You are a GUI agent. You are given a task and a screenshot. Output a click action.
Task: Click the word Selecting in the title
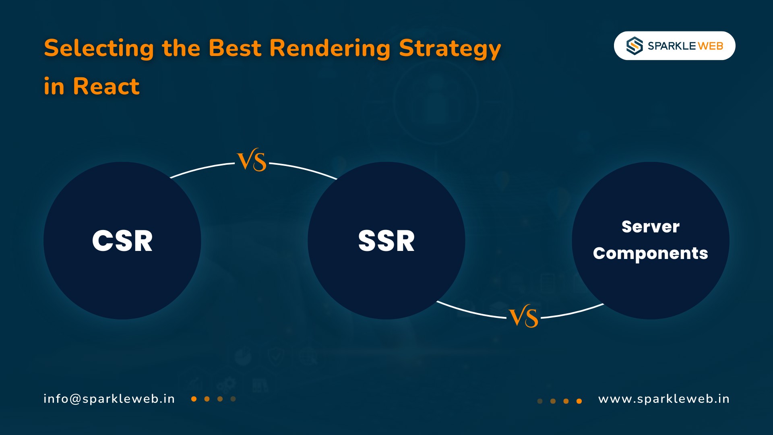[99, 48]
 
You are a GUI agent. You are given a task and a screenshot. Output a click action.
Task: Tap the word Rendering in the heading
[330, 48]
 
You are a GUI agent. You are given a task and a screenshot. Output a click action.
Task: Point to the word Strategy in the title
[450, 48]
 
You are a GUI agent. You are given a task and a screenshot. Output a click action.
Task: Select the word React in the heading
[106, 86]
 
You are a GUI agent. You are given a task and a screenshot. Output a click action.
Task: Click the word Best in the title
[235, 48]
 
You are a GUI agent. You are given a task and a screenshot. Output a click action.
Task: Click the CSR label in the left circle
[122, 241]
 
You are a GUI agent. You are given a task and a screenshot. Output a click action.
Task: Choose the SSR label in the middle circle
[386, 241]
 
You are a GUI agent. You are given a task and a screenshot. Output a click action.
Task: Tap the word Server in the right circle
[651, 227]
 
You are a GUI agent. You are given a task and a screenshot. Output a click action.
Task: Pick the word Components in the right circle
[651, 253]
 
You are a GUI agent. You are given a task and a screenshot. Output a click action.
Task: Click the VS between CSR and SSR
[252, 160]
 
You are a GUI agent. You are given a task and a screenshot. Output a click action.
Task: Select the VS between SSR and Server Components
[523, 317]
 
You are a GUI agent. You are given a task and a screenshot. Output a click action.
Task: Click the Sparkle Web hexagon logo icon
[635, 46]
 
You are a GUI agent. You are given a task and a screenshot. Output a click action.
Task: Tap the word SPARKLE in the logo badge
[672, 46]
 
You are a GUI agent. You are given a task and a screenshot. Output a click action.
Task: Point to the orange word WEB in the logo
[711, 46]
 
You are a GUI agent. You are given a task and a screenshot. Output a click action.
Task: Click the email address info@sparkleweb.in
[109, 399]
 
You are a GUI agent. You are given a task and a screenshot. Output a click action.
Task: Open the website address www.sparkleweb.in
[664, 399]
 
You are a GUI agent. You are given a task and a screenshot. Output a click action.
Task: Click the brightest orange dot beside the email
[194, 399]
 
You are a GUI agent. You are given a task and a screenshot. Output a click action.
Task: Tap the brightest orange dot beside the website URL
[579, 401]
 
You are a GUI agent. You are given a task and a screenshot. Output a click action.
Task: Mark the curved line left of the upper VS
[201, 169]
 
